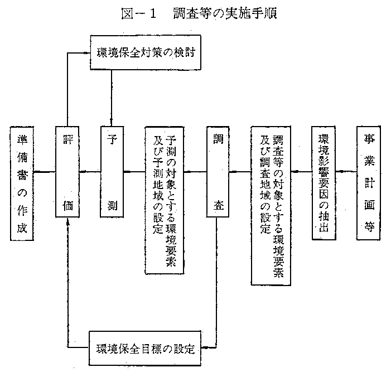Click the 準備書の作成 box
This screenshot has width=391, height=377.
tap(21, 183)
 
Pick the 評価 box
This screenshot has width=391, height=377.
tap(67, 172)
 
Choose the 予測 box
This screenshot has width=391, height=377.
tap(112, 172)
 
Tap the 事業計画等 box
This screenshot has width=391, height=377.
tap(369, 183)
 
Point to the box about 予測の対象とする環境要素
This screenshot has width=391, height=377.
tap(165, 200)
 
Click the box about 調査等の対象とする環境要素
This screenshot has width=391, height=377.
tap(271, 206)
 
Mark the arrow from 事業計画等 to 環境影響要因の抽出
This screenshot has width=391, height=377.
tap(347, 172)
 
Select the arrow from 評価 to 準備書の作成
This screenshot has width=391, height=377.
tap(45, 172)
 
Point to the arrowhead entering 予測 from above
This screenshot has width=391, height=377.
tap(112, 122)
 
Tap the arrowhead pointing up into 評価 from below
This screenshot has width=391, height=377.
tap(67, 221)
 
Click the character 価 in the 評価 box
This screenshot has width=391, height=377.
tap(67, 206)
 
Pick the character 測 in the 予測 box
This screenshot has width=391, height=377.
tap(112, 206)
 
